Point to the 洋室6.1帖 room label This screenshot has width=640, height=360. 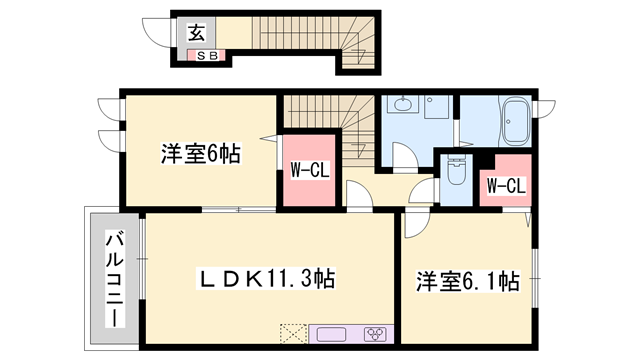468,282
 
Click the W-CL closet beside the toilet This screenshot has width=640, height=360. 505,184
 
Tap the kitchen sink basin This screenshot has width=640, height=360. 332,333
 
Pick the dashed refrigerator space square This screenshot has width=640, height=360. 294,333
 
